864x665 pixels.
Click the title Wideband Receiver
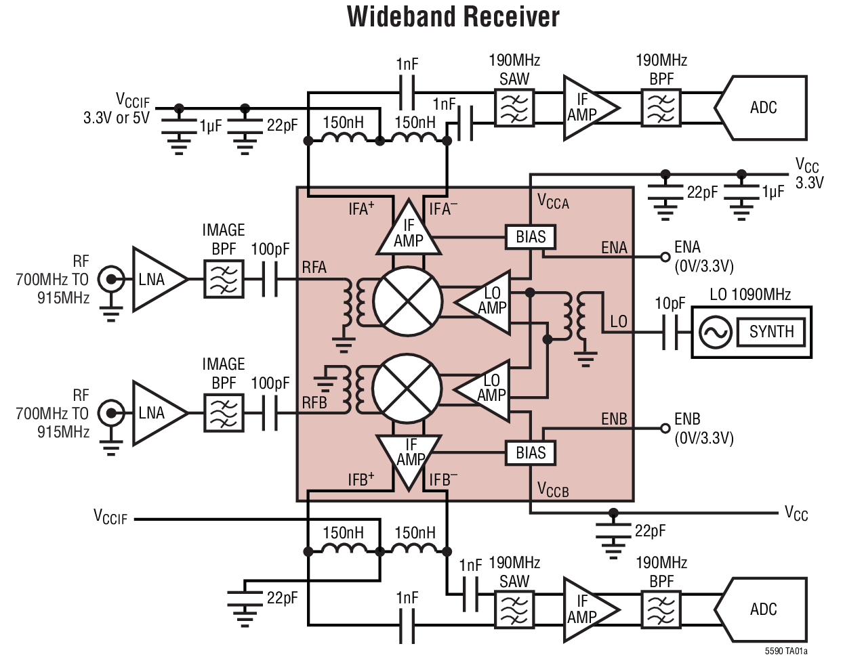pyautogui.click(x=453, y=17)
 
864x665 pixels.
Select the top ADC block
pyautogui.click(x=762, y=108)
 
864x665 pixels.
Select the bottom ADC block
pyautogui.click(x=762, y=609)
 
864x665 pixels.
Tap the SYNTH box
pyautogui.click(x=771, y=332)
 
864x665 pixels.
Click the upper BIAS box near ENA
pyautogui.click(x=531, y=237)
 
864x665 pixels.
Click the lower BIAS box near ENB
pyautogui.click(x=531, y=453)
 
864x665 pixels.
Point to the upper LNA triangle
pyautogui.click(x=155, y=280)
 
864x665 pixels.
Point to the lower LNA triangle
pyautogui.click(x=155, y=413)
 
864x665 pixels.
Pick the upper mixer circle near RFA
pyautogui.click(x=407, y=301)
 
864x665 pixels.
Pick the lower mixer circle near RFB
pyautogui.click(x=407, y=389)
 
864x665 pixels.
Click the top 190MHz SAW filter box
pyautogui.click(x=514, y=108)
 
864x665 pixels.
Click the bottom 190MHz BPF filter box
pyautogui.click(x=661, y=610)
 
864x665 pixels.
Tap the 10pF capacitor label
pyautogui.click(x=670, y=303)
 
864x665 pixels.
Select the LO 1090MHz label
pyautogui.click(x=750, y=295)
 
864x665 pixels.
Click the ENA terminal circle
pyautogui.click(x=665, y=257)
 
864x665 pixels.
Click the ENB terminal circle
pyautogui.click(x=665, y=428)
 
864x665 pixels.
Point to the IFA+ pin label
pyautogui.click(x=361, y=209)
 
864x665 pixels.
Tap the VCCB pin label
pyautogui.click(x=553, y=490)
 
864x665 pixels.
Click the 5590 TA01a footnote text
pyautogui.click(x=785, y=651)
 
